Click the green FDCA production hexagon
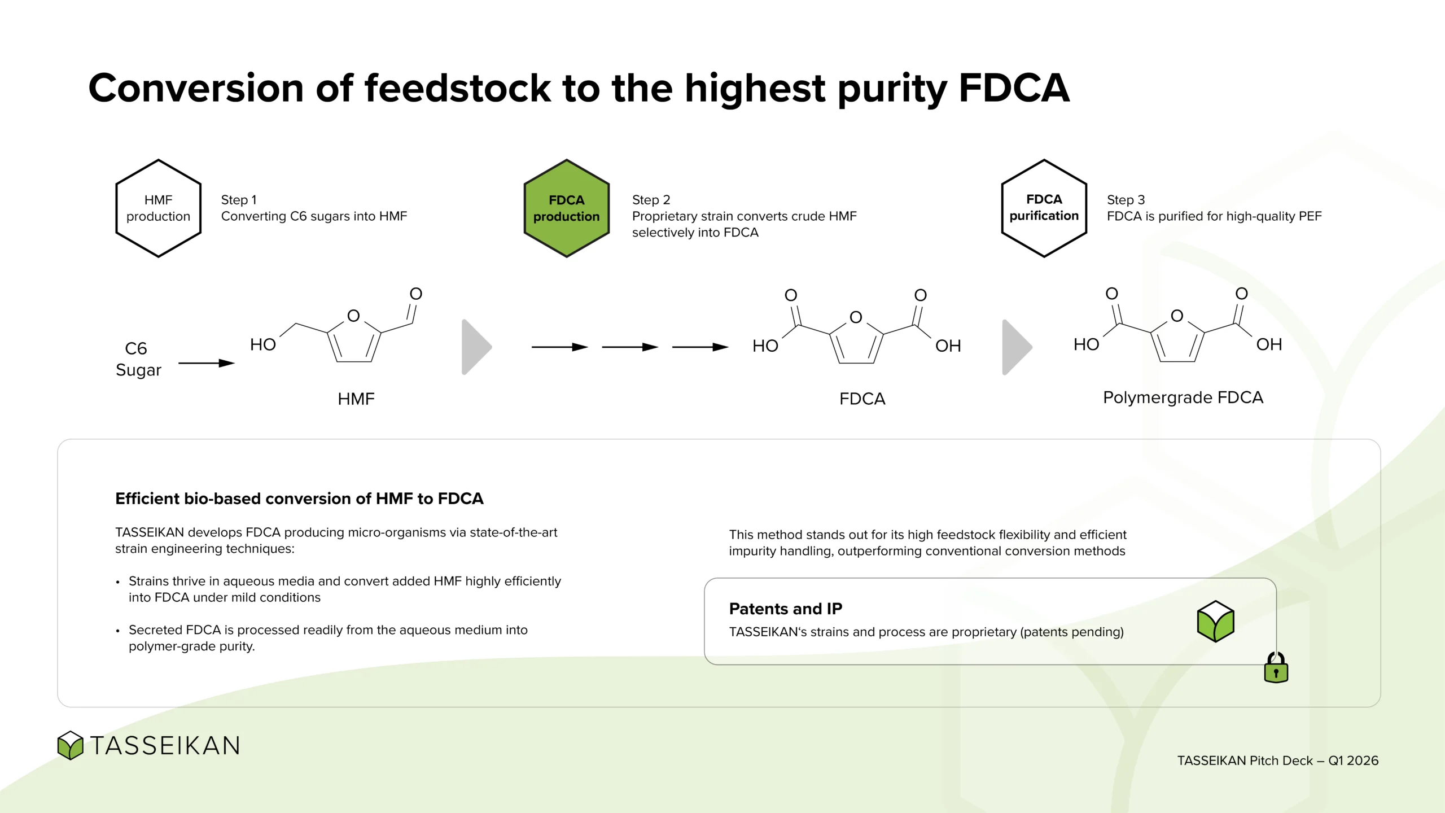[x=566, y=208]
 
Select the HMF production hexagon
[x=158, y=208]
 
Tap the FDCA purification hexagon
[x=1044, y=208]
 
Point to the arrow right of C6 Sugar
[x=207, y=363]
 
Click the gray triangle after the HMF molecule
[x=476, y=347]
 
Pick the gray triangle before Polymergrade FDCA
[x=1017, y=347]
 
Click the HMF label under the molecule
[x=356, y=399]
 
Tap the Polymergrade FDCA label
[x=1183, y=397]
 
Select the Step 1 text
[x=239, y=200]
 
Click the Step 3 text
[x=1126, y=200]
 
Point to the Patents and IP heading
[x=785, y=609]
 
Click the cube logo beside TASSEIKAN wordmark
[x=71, y=745]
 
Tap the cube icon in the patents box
[x=1215, y=621]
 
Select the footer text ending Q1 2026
[x=1277, y=760]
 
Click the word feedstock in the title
[x=457, y=89]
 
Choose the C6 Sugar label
[x=138, y=359]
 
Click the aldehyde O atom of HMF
[x=416, y=294]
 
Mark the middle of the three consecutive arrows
[x=630, y=347]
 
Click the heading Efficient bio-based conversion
[x=299, y=499]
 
